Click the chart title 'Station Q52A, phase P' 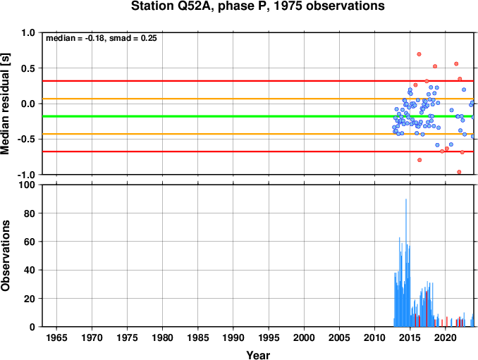(258, 7)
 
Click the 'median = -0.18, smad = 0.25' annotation (101, 38)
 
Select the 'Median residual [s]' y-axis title (6, 103)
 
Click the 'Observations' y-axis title (6, 256)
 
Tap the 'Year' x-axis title (258, 356)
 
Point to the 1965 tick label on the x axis (57, 338)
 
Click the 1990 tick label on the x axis (233, 338)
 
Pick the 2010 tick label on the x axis (374, 338)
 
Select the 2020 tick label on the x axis (445, 338)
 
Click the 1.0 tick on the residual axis (27, 33)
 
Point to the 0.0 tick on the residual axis (27, 104)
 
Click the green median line (212, 116)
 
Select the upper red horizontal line (212, 81)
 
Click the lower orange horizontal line (212, 134)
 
